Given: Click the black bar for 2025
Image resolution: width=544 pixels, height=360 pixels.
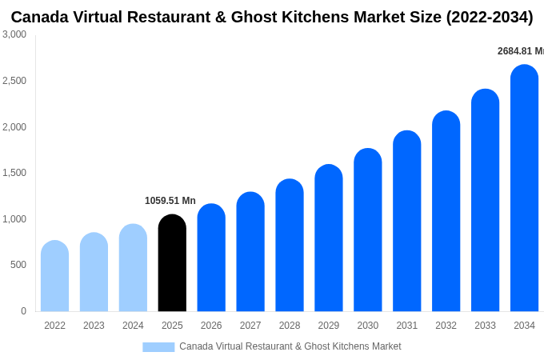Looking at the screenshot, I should (172, 263).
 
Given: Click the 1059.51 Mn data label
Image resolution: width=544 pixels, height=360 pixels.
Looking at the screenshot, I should (170, 201).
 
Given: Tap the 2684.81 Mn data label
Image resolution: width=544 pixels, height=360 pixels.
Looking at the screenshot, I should (520, 51).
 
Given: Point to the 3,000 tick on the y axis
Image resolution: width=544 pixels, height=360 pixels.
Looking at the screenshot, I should (14, 34).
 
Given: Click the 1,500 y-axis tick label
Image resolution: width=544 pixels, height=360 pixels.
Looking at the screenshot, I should (14, 173).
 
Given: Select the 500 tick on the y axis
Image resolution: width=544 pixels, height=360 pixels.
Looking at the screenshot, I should (18, 265).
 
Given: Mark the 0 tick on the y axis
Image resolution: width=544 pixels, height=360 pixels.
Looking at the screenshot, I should (23, 311).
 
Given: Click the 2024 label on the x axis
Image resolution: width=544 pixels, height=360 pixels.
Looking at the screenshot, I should (133, 326).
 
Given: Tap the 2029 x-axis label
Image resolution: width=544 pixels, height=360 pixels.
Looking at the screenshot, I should (329, 326).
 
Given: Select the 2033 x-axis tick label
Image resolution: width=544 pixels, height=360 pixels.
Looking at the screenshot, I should (485, 326).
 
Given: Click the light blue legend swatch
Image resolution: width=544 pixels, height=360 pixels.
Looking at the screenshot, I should (158, 347).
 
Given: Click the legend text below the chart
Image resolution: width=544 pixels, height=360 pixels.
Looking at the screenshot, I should (290, 346).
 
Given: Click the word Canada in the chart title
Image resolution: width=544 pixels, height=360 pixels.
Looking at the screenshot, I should (41, 17).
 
